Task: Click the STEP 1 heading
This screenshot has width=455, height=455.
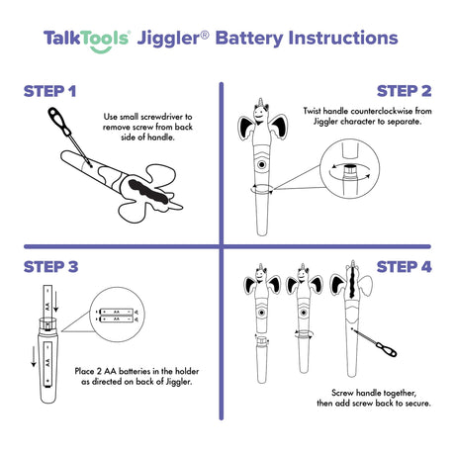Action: (x=49, y=91)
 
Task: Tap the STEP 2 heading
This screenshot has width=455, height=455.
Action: (x=404, y=91)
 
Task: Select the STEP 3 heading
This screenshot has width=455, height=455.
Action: (x=50, y=267)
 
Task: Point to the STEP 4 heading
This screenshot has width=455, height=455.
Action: (x=404, y=267)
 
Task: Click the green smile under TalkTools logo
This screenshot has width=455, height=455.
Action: (x=101, y=49)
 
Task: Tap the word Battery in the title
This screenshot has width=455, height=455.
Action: (x=249, y=39)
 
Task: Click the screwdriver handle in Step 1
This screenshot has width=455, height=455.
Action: (x=59, y=121)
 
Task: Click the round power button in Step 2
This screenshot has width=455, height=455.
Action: (x=262, y=164)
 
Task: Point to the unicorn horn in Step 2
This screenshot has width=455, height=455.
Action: (x=261, y=102)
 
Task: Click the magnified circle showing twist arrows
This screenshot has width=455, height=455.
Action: (x=350, y=169)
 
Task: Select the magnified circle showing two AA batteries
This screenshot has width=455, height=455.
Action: (x=117, y=315)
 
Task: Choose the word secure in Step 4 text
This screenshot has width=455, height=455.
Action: (x=417, y=404)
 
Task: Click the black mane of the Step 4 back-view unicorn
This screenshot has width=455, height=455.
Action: (x=353, y=283)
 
